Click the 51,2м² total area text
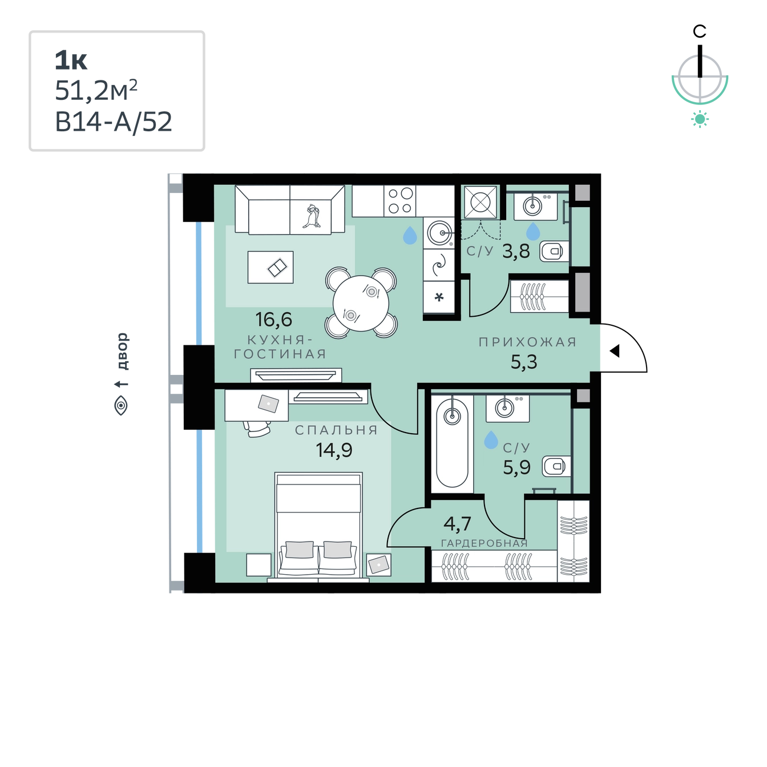click(96, 90)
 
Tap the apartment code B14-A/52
click(114, 122)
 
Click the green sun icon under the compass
click(700, 119)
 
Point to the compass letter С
click(699, 31)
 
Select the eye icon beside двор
click(120, 406)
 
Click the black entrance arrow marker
click(615, 350)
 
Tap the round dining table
click(361, 303)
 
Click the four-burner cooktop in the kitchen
click(399, 201)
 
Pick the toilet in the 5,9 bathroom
click(556, 466)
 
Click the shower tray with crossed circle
click(481, 202)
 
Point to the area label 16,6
click(273, 319)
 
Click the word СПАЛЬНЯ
click(336, 430)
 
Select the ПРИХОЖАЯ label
click(527, 342)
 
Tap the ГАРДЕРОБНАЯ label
click(485, 543)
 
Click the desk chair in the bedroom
click(257, 428)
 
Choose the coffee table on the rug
click(271, 267)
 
